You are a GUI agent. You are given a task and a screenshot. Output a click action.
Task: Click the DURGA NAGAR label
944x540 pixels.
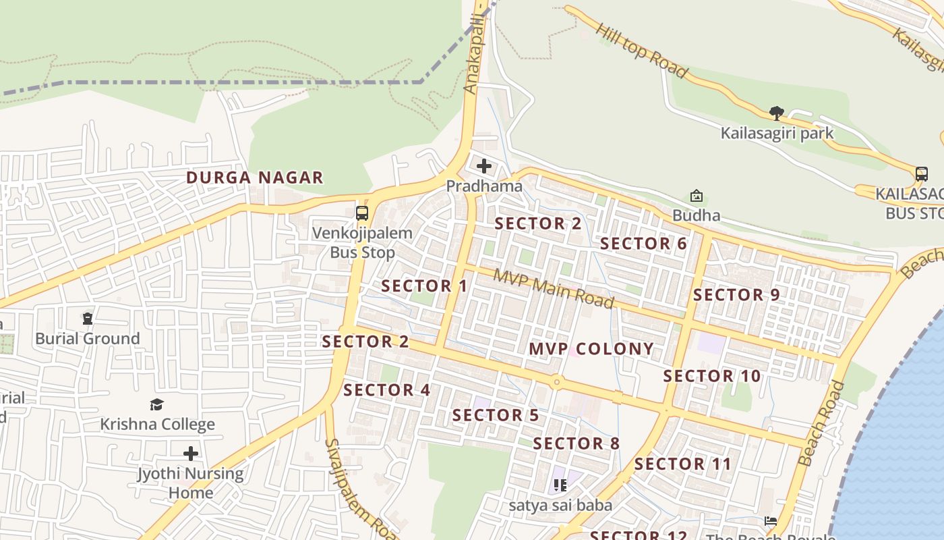coord(255,178)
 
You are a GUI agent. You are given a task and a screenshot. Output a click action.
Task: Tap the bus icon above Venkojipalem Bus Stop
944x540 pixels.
coord(362,213)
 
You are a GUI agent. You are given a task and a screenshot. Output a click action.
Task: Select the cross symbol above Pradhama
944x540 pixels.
coord(484,165)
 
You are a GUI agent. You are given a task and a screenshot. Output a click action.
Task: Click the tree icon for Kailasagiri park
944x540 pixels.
coord(776,113)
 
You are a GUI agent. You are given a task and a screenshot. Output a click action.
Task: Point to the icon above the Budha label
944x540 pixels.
coord(696,196)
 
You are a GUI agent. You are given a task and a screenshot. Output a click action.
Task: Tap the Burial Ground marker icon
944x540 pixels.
coord(88,318)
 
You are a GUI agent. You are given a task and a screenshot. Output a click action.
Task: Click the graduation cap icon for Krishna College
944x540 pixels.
coord(157,404)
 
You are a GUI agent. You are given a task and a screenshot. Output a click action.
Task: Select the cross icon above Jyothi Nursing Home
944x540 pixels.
coord(191,453)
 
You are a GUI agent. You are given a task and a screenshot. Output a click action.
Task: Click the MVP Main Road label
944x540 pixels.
coord(554,288)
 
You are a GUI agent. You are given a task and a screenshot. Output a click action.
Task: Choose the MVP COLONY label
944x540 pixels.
coord(591,349)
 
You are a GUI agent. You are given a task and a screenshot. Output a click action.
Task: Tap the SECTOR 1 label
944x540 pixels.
coord(424,286)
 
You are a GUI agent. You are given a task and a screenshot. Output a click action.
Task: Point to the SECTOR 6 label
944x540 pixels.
coord(643,244)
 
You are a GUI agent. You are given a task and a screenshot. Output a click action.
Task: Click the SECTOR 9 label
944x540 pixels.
coord(736,295)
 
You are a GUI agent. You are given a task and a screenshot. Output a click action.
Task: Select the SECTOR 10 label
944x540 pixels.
coord(712,376)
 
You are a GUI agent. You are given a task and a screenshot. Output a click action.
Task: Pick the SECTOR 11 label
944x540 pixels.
coord(683,464)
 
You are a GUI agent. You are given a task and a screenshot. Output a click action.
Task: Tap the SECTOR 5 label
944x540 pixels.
coord(496,415)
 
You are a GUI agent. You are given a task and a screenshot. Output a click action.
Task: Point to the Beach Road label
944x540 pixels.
coord(821,424)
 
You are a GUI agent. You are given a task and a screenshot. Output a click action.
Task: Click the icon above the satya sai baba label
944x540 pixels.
coord(560,485)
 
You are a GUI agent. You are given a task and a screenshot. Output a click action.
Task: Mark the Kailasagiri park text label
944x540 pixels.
coord(777,133)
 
